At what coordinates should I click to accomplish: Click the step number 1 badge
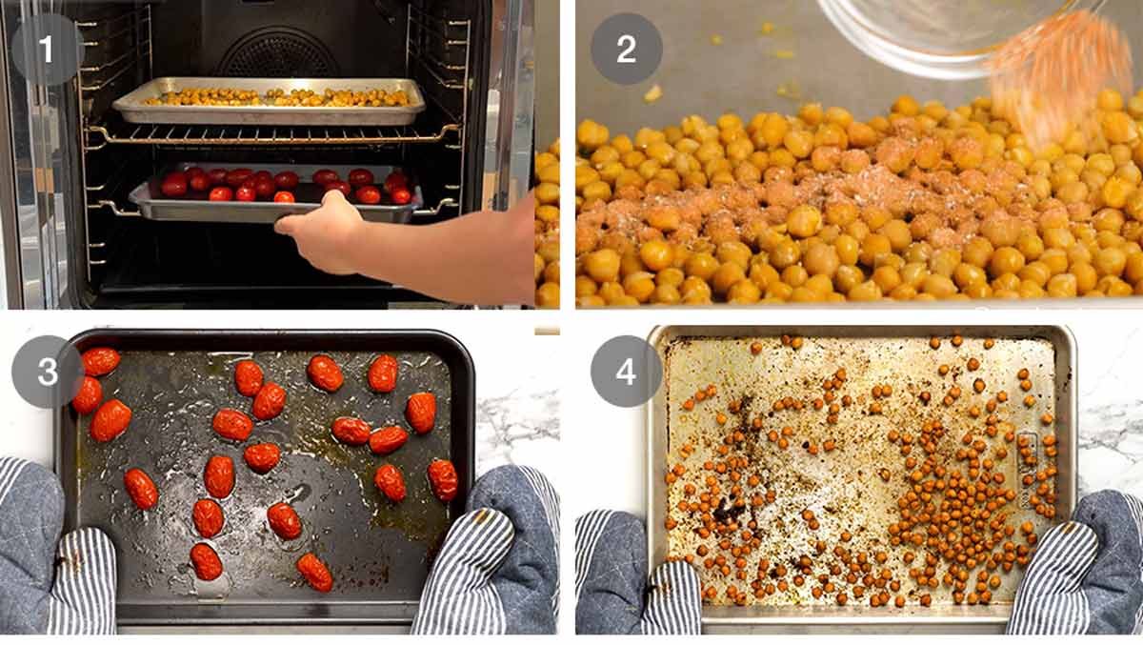coord(47,49)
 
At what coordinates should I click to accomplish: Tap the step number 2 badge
coord(627,49)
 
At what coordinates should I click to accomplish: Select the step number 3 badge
coord(48,372)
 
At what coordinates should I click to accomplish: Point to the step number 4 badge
coord(627,371)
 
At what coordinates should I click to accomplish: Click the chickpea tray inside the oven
coord(269,101)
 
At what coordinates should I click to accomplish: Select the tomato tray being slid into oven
coord(275,194)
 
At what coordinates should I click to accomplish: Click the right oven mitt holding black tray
coord(488,554)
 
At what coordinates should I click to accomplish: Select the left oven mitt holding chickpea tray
coord(638,574)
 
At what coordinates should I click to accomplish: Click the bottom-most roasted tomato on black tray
coord(314,573)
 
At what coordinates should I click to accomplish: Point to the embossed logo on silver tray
coord(1027,470)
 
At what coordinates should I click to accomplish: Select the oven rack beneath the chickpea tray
coord(273,134)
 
